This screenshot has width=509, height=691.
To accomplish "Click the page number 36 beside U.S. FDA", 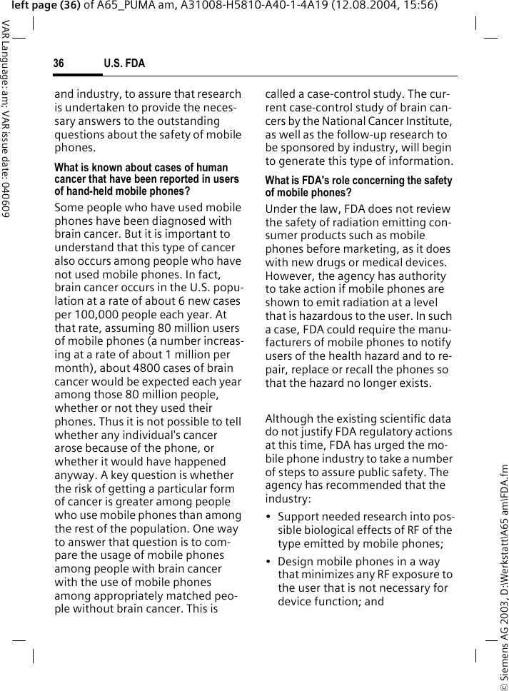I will coord(59,64).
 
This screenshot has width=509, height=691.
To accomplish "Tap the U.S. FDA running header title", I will coord(124,64).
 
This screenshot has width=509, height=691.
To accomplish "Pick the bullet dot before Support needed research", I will coord(268,516).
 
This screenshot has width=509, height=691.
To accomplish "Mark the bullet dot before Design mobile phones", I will coord(268,562).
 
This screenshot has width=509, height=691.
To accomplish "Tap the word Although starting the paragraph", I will coord(291,418).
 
